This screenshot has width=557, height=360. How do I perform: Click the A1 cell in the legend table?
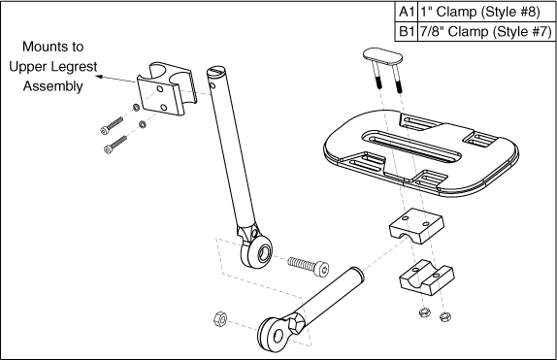(x=407, y=12)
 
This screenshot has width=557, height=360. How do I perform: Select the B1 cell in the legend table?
(x=407, y=32)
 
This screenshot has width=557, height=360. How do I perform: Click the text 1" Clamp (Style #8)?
(x=480, y=12)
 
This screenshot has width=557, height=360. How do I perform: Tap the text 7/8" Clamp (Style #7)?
(x=485, y=32)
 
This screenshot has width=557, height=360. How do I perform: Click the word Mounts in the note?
(x=53, y=47)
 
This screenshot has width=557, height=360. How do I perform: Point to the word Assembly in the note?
(x=53, y=86)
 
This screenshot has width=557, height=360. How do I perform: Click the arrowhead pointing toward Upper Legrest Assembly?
(x=100, y=76)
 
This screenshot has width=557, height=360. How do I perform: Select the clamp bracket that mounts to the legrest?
(x=167, y=89)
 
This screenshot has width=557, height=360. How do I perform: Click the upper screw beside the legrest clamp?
(x=112, y=126)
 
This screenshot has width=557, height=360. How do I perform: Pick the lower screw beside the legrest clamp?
(x=115, y=145)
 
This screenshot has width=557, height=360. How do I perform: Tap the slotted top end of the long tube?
(x=216, y=70)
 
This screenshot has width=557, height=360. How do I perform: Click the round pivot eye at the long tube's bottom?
(x=257, y=251)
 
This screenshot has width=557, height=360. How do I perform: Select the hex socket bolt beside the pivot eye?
(x=309, y=267)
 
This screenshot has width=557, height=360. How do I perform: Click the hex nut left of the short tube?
(x=220, y=319)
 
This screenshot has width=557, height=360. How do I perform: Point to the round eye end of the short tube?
(x=274, y=335)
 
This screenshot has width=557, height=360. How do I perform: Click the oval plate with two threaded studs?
(x=383, y=57)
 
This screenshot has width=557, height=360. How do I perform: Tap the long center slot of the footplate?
(x=412, y=147)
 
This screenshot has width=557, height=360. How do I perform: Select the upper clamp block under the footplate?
(x=416, y=226)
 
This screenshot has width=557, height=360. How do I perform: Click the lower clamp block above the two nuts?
(x=427, y=278)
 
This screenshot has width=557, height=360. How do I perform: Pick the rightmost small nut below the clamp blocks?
(x=445, y=316)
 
